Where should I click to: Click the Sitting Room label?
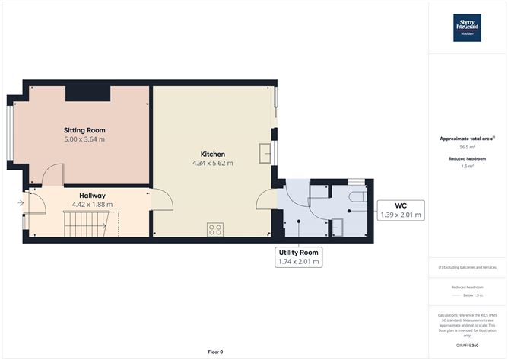pyautogui.click(x=84, y=130)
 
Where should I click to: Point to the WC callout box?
pyautogui.click(x=400, y=210)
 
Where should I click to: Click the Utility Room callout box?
pyautogui.click(x=299, y=256)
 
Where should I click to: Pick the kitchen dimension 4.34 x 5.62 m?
pyautogui.click(x=213, y=163)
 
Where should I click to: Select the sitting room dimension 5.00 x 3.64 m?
pyautogui.click(x=84, y=140)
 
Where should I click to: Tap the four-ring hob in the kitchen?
pyautogui.click(x=215, y=228)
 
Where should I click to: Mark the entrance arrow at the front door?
pyautogui.click(x=21, y=202)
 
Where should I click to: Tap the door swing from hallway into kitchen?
pyautogui.click(x=161, y=200)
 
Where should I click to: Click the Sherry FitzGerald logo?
pyautogui.click(x=468, y=27)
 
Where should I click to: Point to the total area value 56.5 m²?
pyautogui.click(x=468, y=149)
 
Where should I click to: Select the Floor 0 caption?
pyautogui.click(x=217, y=352)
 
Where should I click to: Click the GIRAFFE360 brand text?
pyautogui.click(x=467, y=346)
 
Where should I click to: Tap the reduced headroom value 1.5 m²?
pyautogui.click(x=468, y=166)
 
